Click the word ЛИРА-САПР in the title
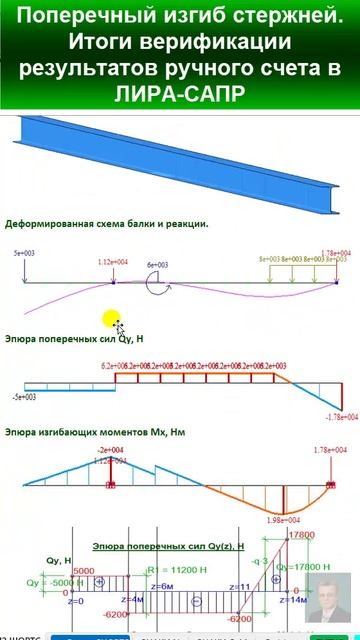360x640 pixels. click(x=180, y=95)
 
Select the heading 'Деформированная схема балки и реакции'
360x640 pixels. click(x=106, y=224)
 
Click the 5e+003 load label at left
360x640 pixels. click(x=24, y=255)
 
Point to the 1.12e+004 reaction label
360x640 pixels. click(x=113, y=262)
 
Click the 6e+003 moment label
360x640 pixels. click(x=158, y=265)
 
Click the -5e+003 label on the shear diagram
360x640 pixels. click(x=23, y=397)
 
